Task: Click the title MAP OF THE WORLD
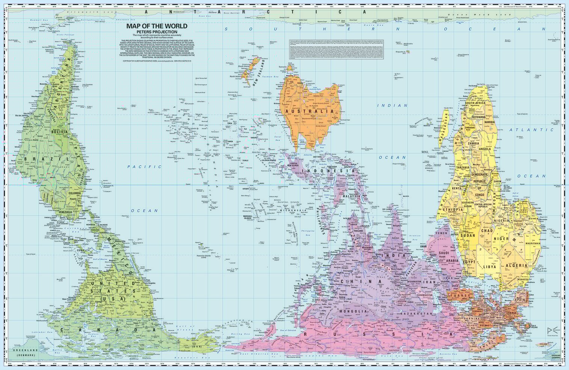click(157, 26)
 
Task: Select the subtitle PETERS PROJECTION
click(157, 32)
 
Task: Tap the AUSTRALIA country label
click(309, 112)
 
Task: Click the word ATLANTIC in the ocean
click(531, 130)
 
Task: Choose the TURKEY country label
click(460, 296)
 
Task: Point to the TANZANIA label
click(463, 168)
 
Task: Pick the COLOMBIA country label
click(74, 194)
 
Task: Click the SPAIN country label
click(519, 300)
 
